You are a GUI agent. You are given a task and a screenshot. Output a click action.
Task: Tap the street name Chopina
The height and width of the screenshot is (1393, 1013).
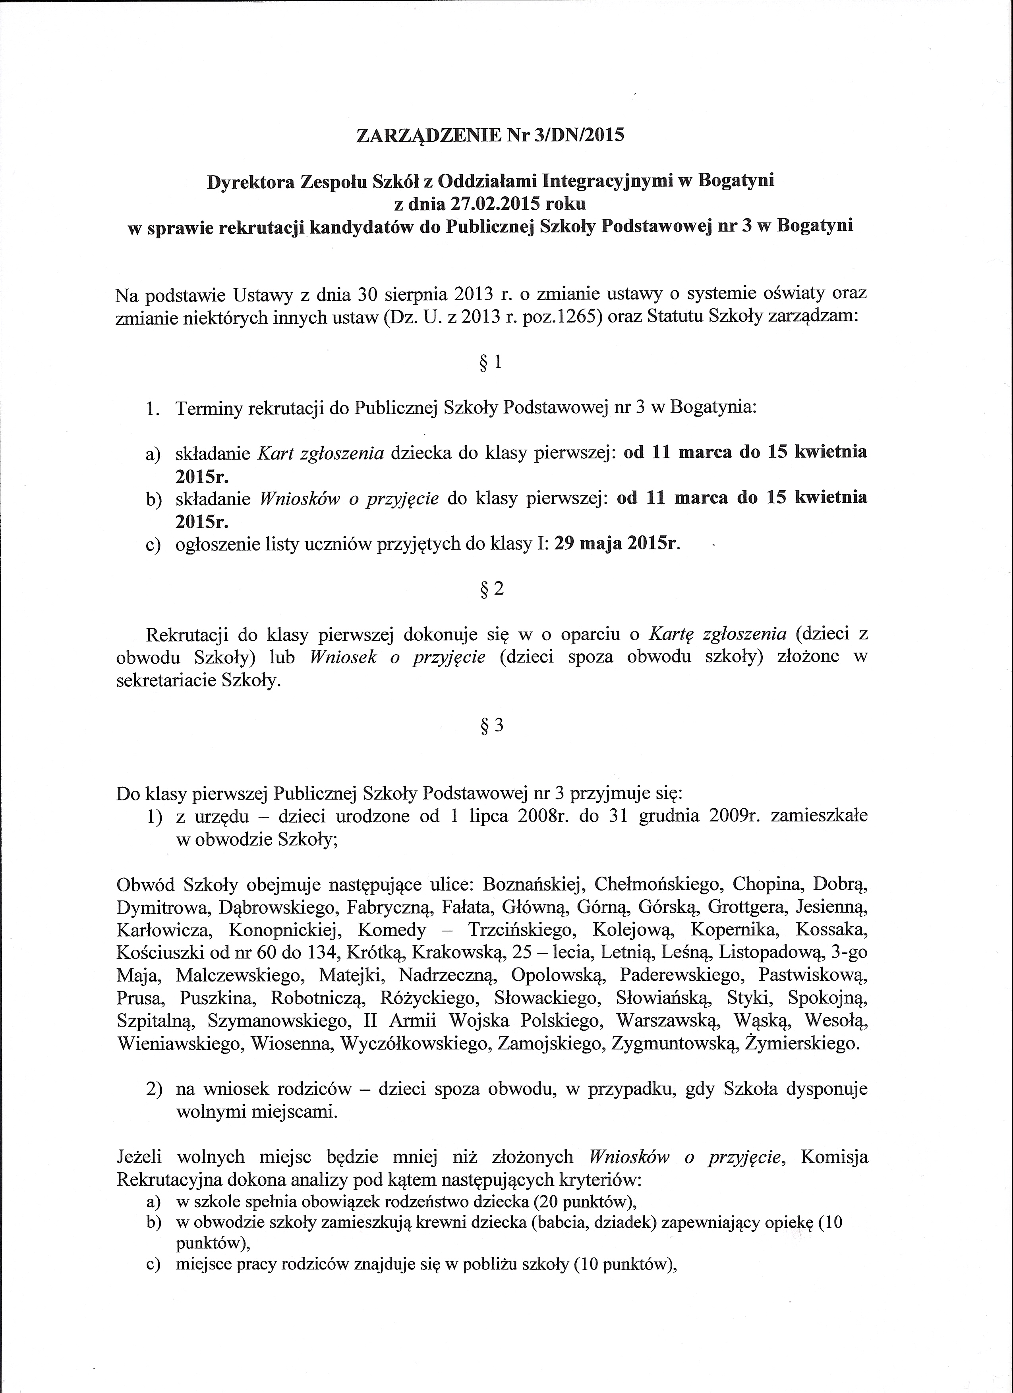[767, 885]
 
